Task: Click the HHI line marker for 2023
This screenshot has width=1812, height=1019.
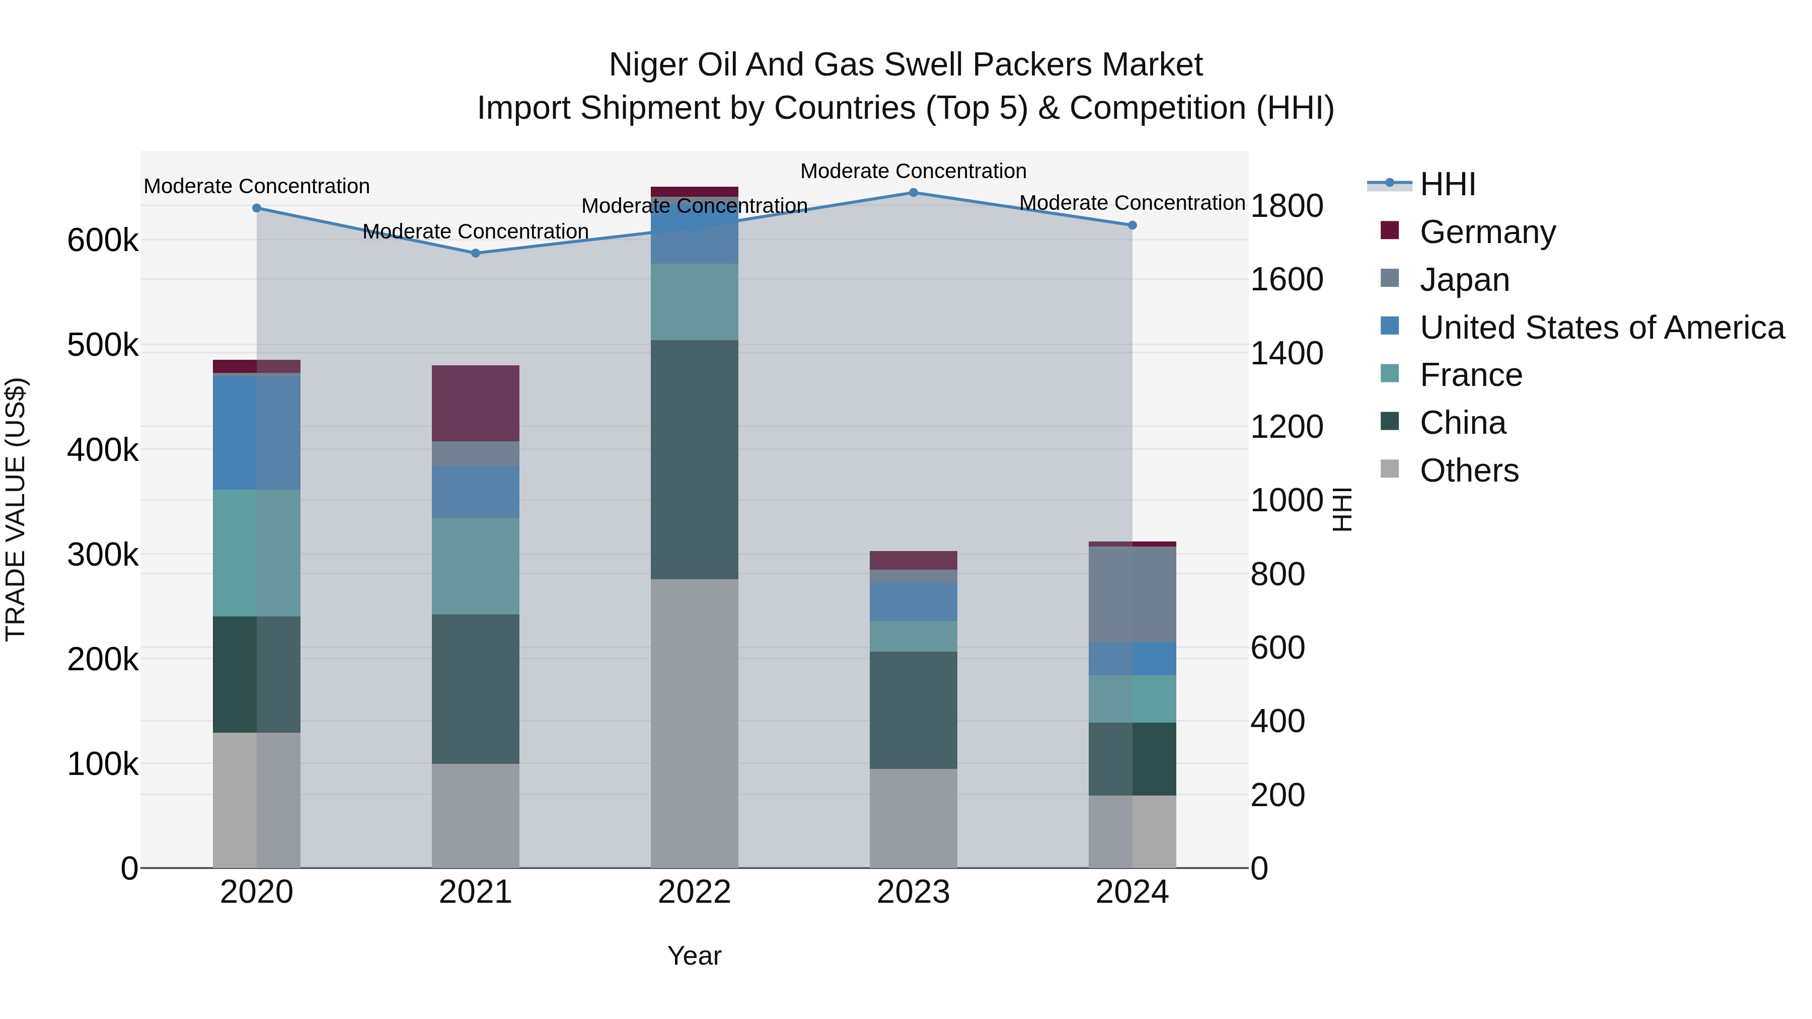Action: [913, 193]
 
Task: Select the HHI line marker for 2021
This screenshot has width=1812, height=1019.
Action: [476, 253]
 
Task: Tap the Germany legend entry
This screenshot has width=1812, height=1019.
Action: [1487, 232]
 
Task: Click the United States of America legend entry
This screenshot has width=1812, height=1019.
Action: [1601, 328]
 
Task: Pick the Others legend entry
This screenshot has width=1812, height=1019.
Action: [1469, 471]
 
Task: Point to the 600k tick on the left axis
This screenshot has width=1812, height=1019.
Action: [103, 241]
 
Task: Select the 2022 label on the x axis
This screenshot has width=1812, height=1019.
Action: [694, 892]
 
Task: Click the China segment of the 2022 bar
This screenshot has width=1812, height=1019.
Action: [694, 459]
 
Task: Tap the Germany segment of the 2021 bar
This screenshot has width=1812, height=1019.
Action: [476, 403]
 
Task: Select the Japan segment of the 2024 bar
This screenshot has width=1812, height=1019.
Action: [1132, 594]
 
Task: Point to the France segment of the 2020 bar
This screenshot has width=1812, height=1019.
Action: [257, 553]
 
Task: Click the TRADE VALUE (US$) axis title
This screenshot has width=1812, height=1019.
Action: [16, 509]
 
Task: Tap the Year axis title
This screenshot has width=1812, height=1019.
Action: [694, 956]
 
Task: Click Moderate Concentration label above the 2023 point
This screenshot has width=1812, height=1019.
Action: [913, 171]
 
